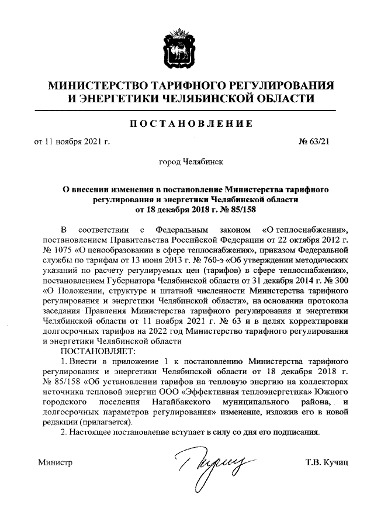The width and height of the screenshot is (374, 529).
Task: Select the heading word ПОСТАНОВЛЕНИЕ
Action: [x=187, y=124]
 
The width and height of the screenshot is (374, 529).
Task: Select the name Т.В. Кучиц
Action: [x=326, y=463]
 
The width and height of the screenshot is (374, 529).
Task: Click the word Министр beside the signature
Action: [x=54, y=463]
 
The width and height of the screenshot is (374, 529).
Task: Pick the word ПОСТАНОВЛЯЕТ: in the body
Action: [x=97, y=351]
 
